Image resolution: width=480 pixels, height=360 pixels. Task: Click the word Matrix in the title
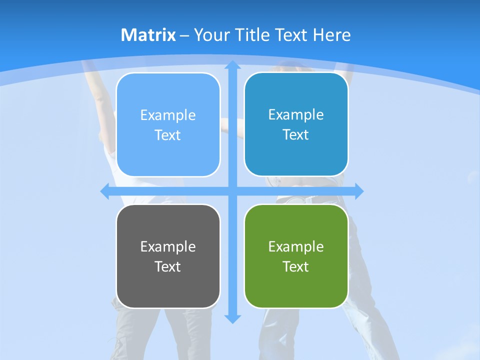point(148,35)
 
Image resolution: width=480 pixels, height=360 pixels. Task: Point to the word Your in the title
point(211,35)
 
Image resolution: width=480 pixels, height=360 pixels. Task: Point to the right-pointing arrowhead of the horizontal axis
point(358,191)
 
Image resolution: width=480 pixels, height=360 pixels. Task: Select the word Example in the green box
point(296,246)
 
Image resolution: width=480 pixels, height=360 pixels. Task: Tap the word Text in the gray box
point(167,266)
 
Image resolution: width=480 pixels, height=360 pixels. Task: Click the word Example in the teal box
point(296,114)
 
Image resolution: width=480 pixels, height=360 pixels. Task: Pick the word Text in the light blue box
point(167,135)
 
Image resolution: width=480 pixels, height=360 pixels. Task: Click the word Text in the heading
point(291,35)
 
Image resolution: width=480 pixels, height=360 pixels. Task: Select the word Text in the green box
point(295,266)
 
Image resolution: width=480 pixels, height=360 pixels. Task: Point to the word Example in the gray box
point(168,246)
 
